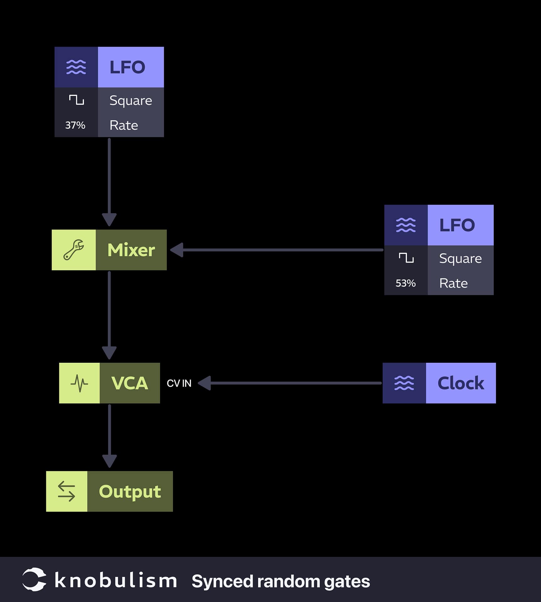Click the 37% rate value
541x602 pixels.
(x=75, y=125)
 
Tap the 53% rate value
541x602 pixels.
(x=405, y=283)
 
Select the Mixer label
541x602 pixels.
(x=131, y=250)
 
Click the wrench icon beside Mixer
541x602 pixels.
(x=74, y=250)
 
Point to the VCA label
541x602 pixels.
(x=130, y=383)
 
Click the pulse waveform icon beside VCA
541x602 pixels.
(x=79, y=383)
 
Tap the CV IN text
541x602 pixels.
(x=179, y=383)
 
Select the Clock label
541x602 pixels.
(x=460, y=383)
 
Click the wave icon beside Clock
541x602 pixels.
(x=404, y=383)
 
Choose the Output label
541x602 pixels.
(x=130, y=491)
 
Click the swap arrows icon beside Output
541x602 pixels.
(x=67, y=491)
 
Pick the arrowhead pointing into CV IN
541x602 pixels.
(x=205, y=383)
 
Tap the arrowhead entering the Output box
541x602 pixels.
(x=109, y=461)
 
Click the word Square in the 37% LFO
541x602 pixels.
(x=131, y=101)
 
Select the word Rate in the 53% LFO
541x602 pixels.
(x=453, y=283)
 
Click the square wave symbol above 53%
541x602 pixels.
(x=406, y=258)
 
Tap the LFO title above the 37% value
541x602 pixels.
(x=127, y=67)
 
